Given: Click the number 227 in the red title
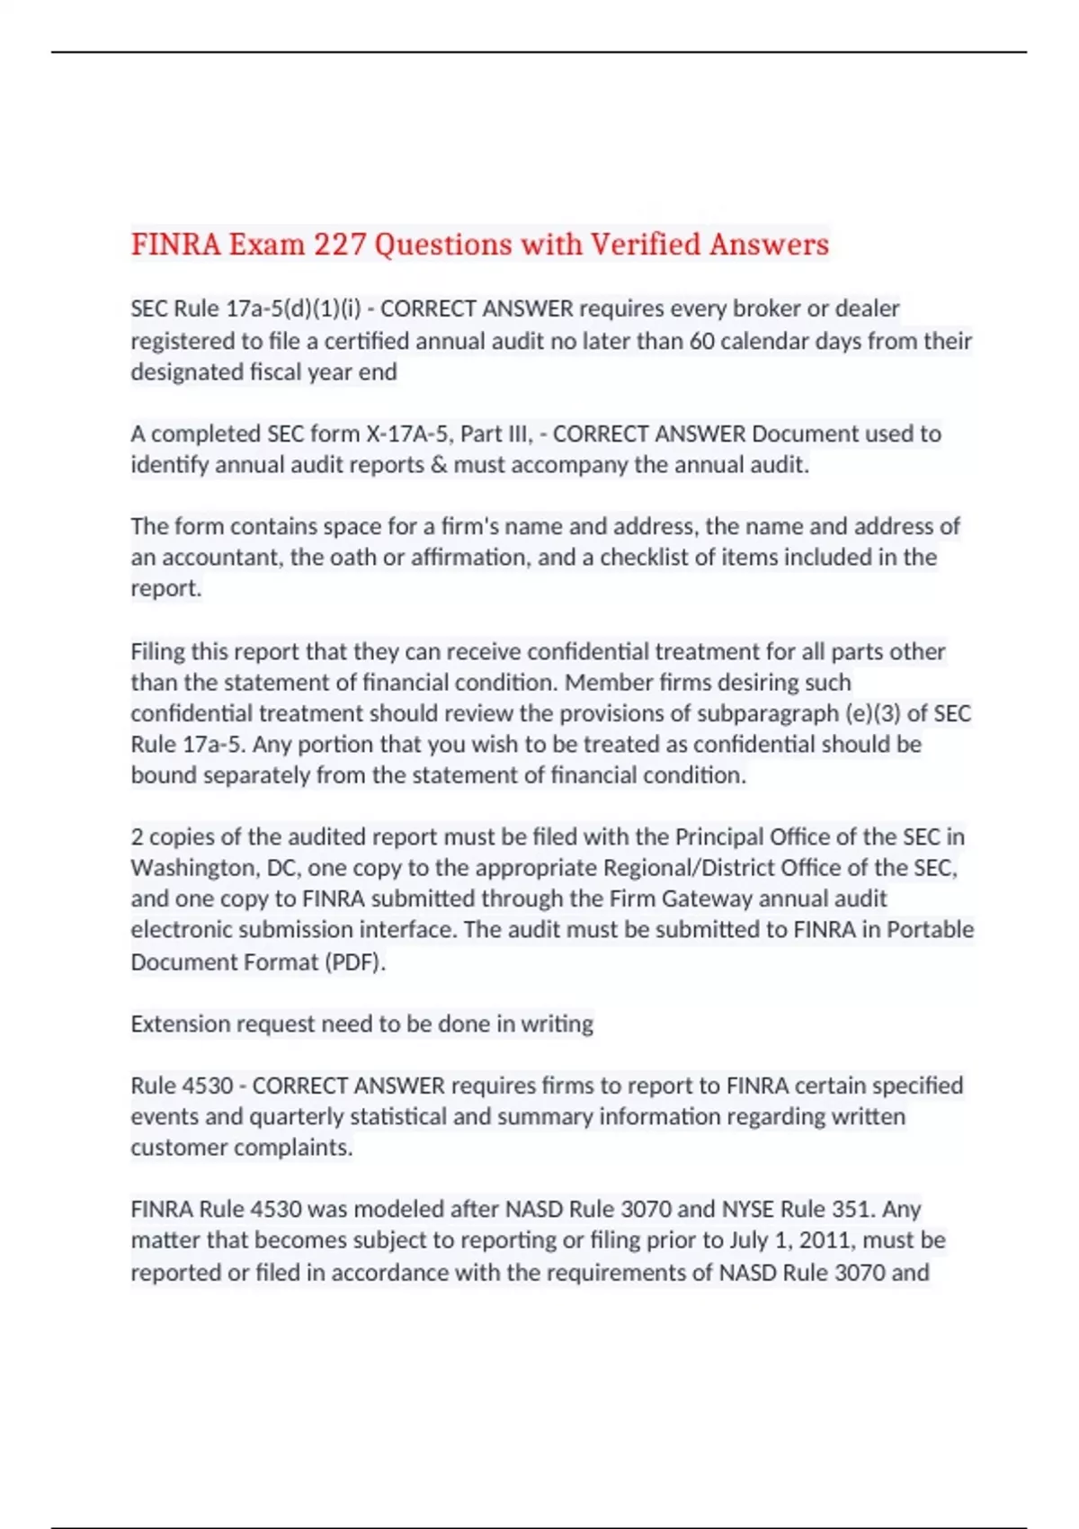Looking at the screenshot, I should [x=340, y=245].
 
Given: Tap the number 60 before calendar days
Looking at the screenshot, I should [x=702, y=341].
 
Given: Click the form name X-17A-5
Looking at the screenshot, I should [x=409, y=434].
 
